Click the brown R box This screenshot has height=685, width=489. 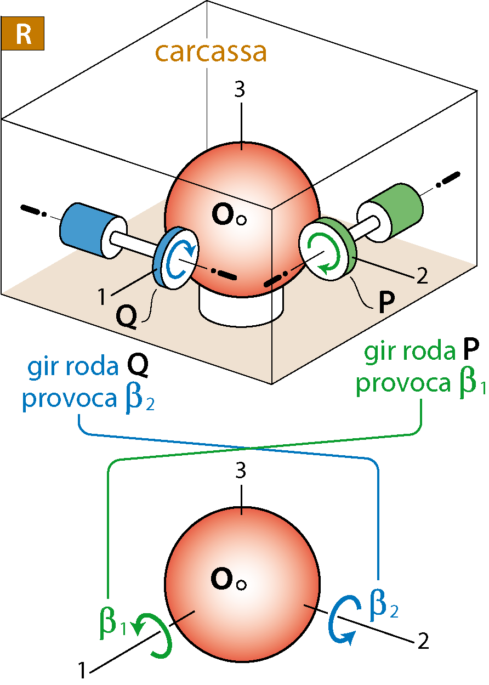[22, 33]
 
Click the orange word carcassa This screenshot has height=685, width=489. [211, 52]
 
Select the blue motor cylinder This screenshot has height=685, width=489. [90, 230]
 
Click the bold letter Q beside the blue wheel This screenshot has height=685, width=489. [126, 316]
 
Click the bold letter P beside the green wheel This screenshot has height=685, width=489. [386, 302]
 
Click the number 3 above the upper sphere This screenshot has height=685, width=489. [240, 89]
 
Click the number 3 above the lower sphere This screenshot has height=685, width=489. [241, 471]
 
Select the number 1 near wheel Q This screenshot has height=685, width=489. [101, 296]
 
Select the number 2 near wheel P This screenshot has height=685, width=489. [422, 276]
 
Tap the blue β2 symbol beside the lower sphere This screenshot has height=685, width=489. [384, 605]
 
